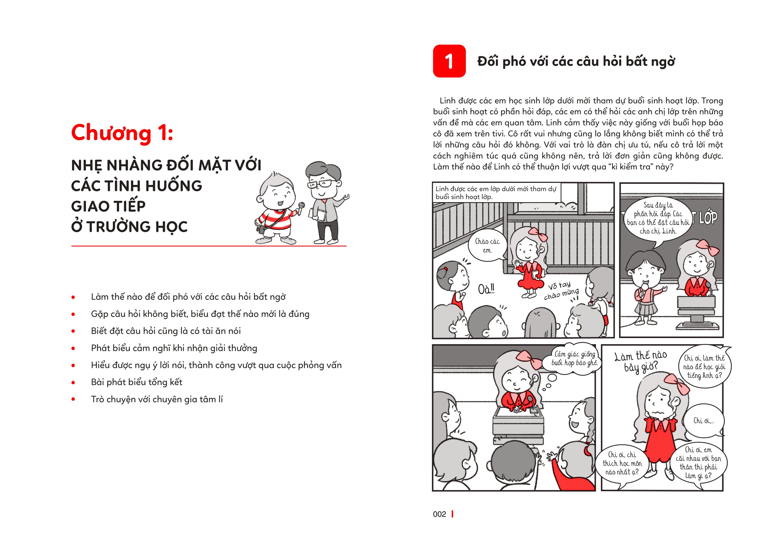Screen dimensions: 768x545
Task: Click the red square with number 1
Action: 449,61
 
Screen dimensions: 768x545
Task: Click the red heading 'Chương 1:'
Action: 122,133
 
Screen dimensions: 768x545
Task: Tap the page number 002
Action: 439,514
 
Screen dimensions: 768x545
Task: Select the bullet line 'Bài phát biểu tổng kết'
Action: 137,382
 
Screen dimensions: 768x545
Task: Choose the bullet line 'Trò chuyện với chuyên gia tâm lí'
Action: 157,399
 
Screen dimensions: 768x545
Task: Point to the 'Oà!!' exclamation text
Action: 486,289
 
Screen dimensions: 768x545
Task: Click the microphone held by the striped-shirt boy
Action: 301,207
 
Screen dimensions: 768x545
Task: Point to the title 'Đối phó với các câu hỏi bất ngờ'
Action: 576,62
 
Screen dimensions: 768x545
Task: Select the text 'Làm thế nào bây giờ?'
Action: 640,361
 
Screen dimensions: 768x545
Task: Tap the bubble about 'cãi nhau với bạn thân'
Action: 699,463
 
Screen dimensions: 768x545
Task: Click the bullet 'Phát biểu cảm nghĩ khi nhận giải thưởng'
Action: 174,348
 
